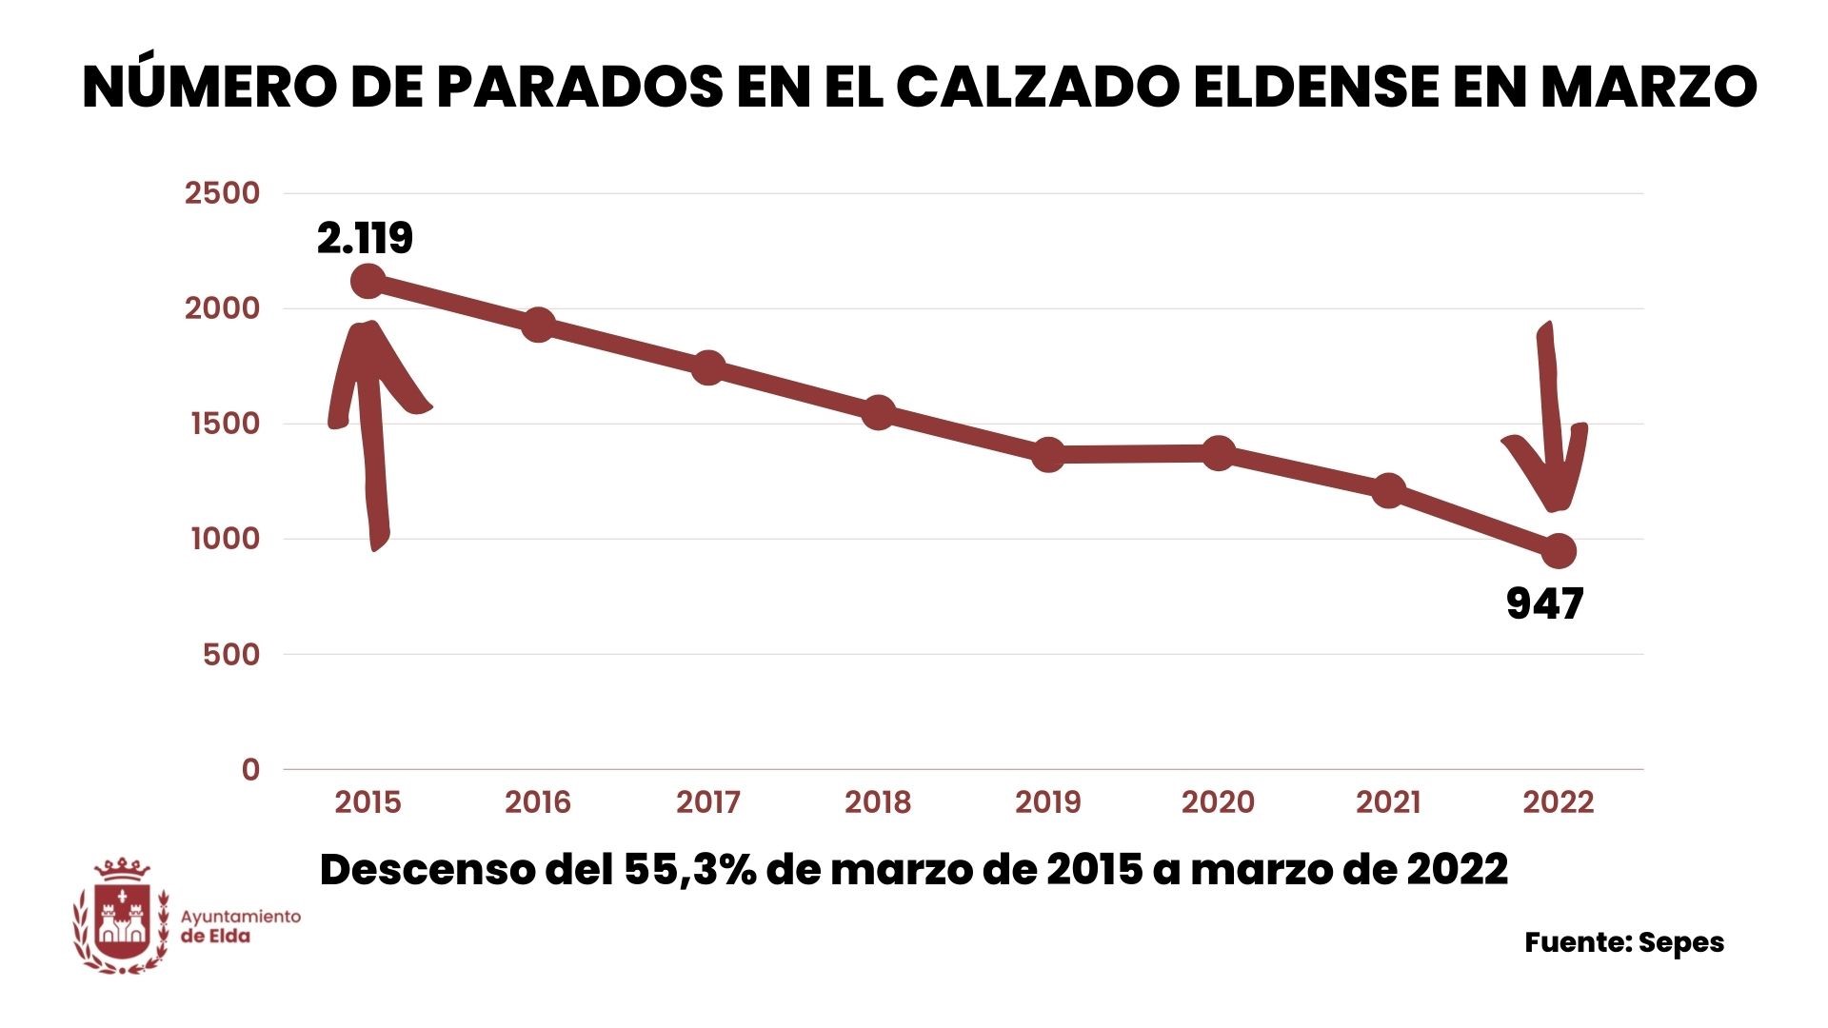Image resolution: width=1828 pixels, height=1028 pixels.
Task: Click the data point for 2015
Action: click(368, 282)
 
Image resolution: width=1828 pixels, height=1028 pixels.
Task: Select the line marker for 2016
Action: click(538, 325)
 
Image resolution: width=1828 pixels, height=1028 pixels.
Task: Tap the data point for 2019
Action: click(1048, 455)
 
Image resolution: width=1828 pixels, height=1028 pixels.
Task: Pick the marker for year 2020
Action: click(1218, 453)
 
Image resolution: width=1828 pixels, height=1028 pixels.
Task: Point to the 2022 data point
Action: click(1559, 551)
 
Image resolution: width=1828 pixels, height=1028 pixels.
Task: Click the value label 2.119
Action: click(365, 238)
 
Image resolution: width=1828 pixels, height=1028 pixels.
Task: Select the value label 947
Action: click(1544, 604)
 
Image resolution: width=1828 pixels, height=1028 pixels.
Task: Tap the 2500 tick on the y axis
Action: click(222, 193)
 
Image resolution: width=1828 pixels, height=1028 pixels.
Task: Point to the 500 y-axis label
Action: click(231, 654)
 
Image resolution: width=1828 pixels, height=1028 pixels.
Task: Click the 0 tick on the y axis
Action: click(250, 769)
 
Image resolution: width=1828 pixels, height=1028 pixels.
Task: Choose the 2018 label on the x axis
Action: click(878, 802)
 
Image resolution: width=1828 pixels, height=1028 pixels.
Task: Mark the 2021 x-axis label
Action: click(1388, 802)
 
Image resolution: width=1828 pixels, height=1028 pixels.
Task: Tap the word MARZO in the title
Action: click(1648, 87)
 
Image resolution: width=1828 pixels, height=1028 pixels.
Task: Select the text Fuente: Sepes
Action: click(1624, 942)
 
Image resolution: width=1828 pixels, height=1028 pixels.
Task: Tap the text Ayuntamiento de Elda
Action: click(240, 925)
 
